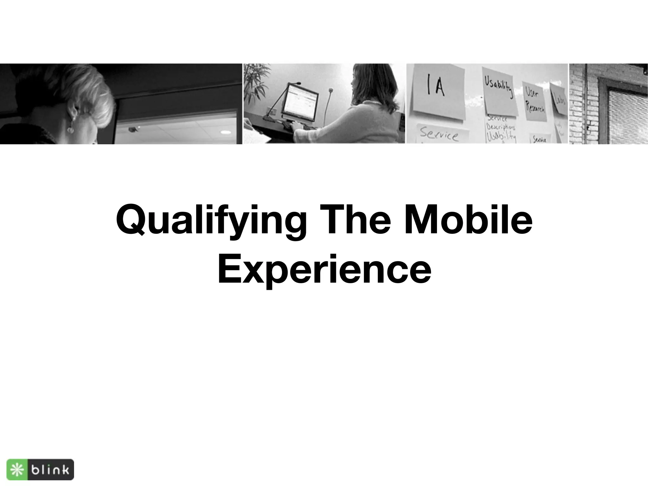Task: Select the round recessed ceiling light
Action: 225,132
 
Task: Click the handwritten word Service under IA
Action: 439,134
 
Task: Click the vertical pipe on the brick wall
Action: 586,104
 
